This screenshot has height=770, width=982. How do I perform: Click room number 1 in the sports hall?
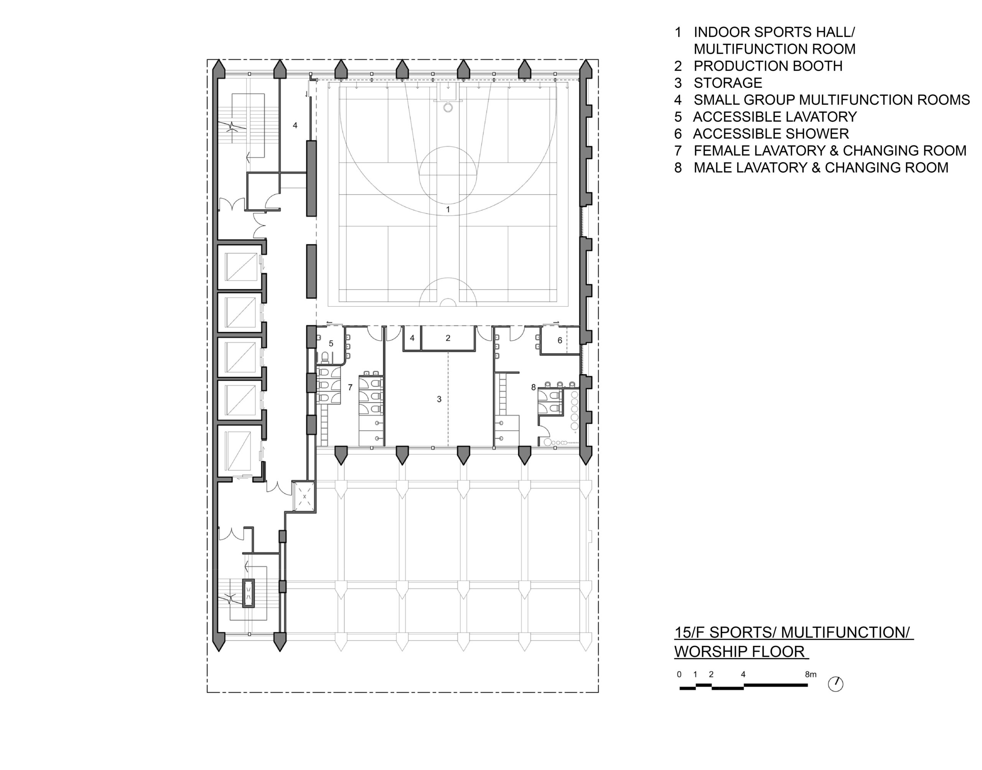448,209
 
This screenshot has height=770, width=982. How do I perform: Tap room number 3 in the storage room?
439,399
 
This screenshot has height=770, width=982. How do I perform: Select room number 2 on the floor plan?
448,338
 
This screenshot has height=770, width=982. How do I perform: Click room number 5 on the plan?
331,344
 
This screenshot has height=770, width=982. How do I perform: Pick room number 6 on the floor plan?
560,341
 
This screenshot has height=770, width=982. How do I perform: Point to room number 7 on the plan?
350,387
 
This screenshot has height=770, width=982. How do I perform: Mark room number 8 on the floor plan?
533,387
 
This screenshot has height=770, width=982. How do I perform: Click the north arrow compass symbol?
835,684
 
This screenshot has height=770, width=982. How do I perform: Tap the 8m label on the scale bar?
811,675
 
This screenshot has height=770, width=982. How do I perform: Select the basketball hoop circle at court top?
448,107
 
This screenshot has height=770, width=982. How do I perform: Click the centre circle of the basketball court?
448,175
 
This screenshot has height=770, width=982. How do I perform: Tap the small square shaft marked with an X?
304,496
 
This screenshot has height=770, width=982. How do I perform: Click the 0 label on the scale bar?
679,675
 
